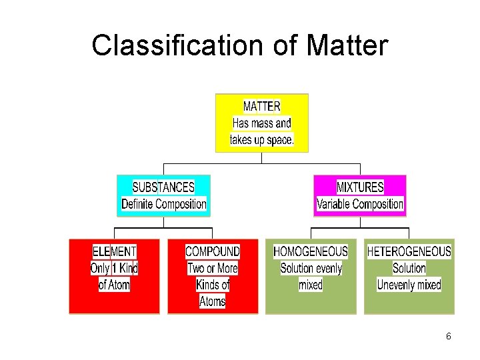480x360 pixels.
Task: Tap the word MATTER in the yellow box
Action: point(261,107)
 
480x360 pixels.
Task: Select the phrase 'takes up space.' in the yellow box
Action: point(261,140)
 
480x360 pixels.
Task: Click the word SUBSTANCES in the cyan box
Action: point(163,187)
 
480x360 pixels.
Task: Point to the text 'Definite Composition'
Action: point(163,204)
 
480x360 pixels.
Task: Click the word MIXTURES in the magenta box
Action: point(360,187)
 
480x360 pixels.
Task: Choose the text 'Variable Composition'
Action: point(360,204)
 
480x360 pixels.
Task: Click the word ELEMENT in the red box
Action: point(114,251)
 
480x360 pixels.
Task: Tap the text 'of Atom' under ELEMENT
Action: point(114,285)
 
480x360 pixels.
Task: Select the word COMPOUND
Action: point(213,251)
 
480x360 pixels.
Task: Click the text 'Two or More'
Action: point(213,268)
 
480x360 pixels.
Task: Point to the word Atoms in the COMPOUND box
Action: point(213,301)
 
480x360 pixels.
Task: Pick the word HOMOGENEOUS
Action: point(311,251)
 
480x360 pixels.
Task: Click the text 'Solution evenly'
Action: point(311,268)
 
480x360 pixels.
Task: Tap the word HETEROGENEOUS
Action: point(409,251)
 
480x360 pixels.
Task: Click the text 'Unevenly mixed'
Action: point(409,285)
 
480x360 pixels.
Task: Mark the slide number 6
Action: point(449,337)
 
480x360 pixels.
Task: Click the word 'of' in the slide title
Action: point(283,45)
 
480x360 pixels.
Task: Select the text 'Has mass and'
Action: point(261,123)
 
